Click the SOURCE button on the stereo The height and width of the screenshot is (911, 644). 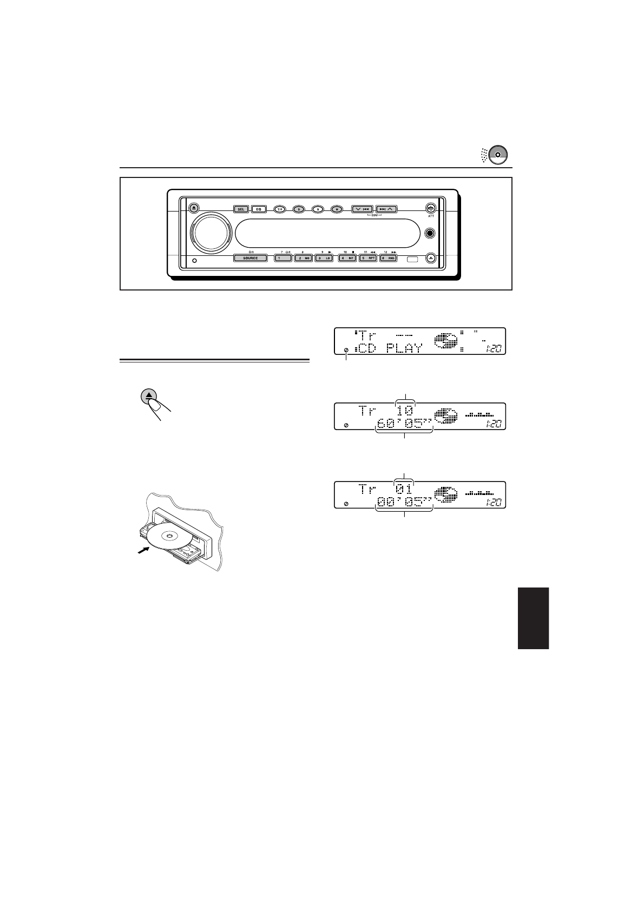tap(250, 258)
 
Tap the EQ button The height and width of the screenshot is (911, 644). tap(259, 209)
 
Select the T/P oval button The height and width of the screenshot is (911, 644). tap(279, 209)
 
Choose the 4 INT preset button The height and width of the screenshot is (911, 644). tap(346, 258)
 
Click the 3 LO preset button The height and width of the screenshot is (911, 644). tap(325, 258)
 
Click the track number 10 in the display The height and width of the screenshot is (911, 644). tap(405, 411)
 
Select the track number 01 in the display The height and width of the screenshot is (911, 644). tap(405, 490)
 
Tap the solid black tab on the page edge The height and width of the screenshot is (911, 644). tap(533, 618)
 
